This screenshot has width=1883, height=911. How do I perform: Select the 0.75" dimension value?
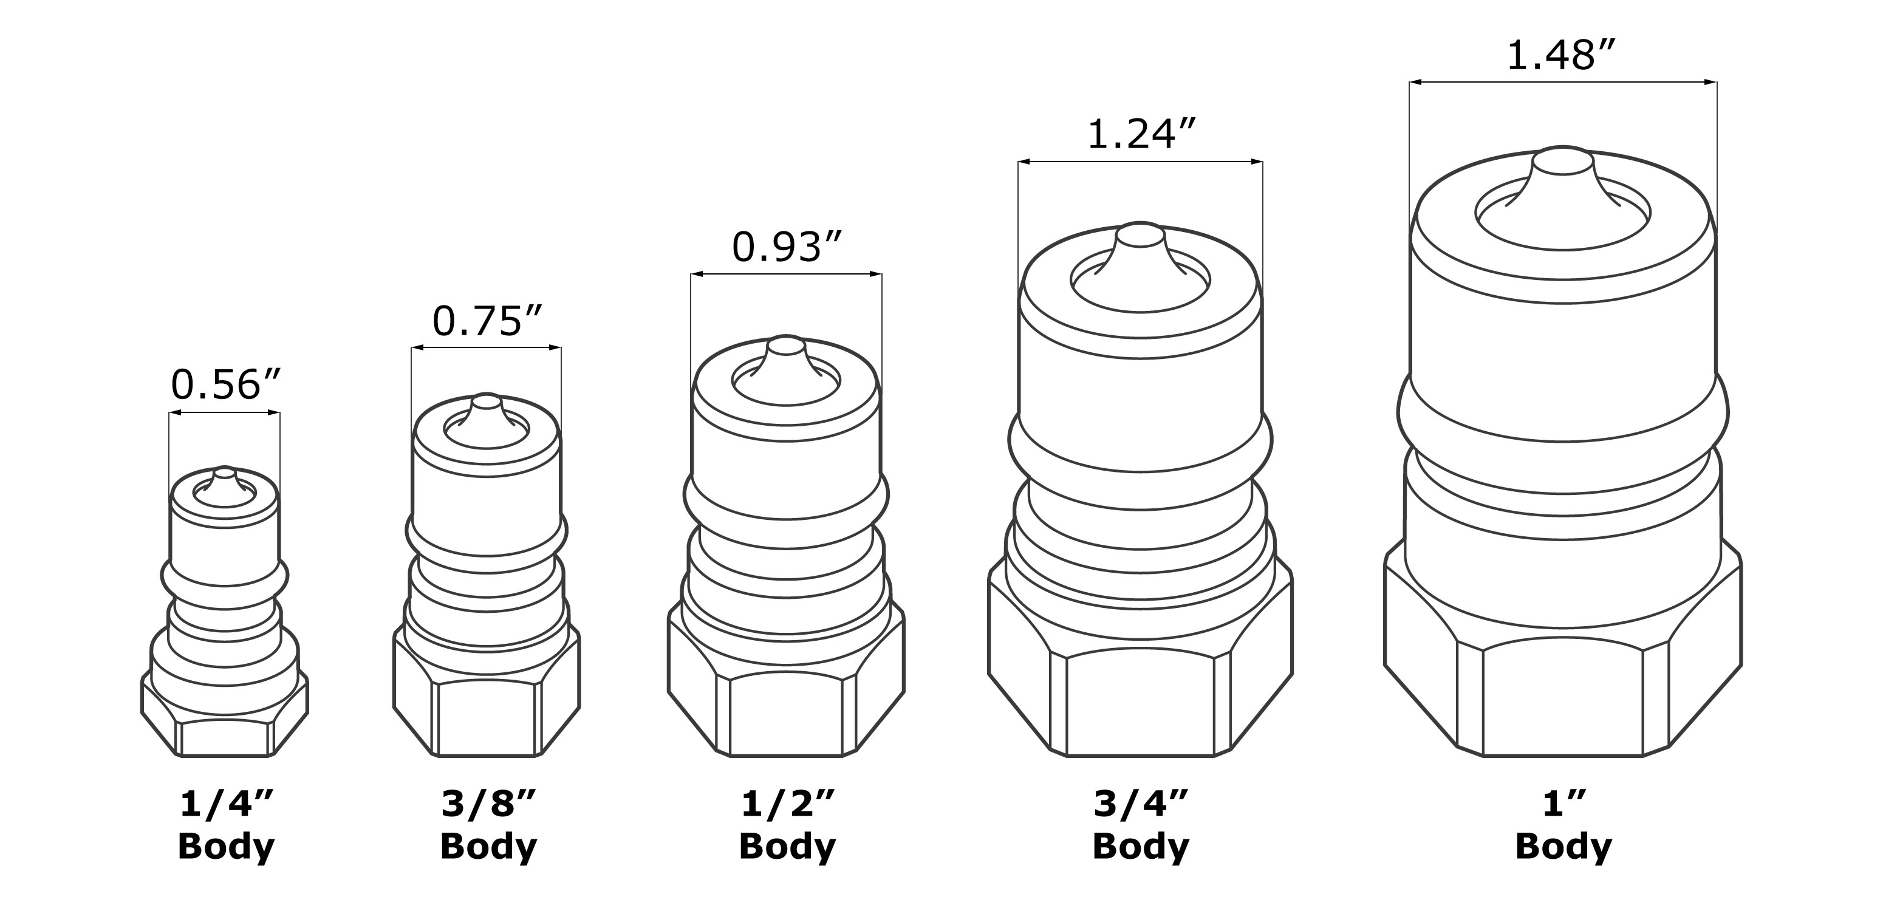click(x=488, y=320)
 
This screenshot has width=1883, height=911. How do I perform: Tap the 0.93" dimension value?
click(x=787, y=247)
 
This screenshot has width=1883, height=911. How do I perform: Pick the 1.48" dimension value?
click(x=1560, y=55)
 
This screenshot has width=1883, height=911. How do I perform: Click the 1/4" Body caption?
click(x=226, y=825)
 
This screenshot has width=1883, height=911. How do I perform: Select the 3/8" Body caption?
click(x=488, y=825)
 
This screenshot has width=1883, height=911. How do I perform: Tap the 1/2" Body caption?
click(x=787, y=825)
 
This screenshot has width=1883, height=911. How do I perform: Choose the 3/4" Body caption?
click(x=1141, y=825)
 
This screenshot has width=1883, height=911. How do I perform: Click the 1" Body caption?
click(x=1563, y=825)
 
